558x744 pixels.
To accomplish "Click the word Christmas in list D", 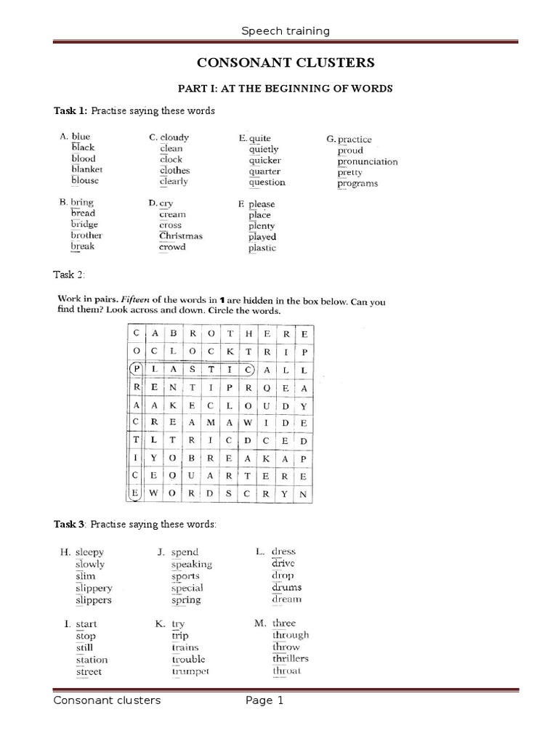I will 181,236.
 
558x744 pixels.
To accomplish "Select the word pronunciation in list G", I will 367,161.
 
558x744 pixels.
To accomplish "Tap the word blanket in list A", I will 86,169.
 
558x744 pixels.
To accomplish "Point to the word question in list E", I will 267,182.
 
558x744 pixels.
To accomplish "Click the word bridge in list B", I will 84,225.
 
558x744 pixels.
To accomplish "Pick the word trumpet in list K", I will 190,671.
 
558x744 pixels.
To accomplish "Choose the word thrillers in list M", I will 291,658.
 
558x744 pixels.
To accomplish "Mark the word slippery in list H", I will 94,588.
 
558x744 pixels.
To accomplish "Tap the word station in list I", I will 92,660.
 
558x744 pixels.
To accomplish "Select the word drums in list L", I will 287,587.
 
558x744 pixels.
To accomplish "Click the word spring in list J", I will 186,600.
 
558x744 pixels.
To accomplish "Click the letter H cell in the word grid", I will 249,333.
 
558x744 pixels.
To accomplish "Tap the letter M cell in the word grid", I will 211,422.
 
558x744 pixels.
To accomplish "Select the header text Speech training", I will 285,31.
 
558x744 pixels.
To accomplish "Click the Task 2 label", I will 69,275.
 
